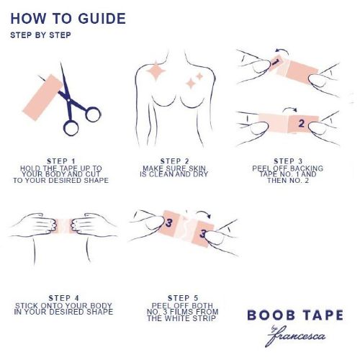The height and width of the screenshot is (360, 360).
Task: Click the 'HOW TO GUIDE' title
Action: (68, 19)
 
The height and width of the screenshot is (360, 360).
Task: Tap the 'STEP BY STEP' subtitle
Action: (40, 35)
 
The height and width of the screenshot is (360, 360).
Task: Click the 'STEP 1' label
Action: (61, 161)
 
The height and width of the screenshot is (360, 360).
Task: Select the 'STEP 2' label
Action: (174, 161)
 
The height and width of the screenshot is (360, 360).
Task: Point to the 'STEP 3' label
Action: (288, 161)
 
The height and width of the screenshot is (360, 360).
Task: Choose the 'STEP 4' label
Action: (63, 298)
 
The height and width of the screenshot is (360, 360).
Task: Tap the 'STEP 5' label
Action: (183, 298)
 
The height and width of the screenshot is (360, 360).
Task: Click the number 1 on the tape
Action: (275, 62)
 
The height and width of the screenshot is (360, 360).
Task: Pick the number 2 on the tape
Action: (302, 123)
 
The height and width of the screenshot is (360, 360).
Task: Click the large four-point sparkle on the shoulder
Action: (156, 71)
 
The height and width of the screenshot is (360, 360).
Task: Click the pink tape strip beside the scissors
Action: (42, 97)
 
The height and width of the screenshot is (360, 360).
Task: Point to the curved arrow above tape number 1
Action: (283, 50)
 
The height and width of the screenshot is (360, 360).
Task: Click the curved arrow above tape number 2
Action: (289, 109)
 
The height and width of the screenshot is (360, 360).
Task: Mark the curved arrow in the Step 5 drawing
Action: (204, 212)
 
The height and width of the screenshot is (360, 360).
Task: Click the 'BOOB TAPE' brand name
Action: (295, 315)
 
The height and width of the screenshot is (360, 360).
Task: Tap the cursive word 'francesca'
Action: (297, 336)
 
